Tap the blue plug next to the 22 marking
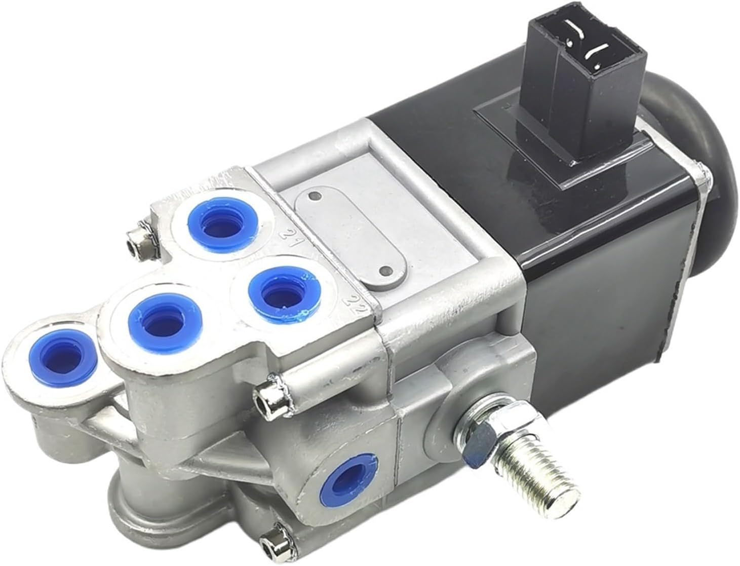point(279,291)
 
